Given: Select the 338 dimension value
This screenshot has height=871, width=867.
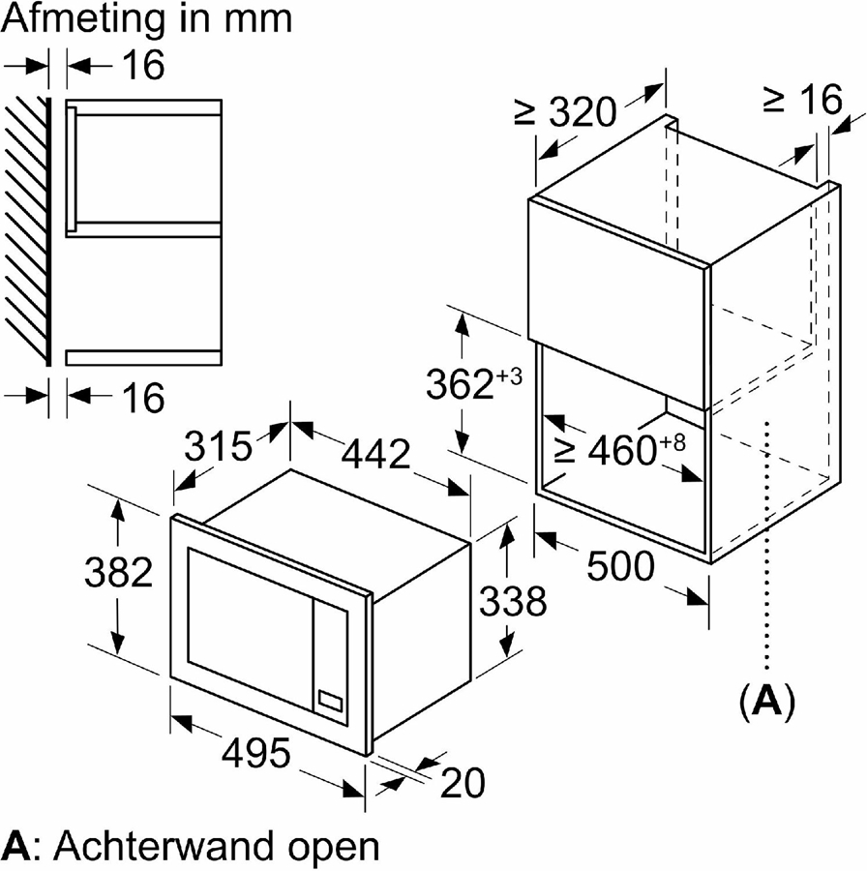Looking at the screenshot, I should (x=512, y=601).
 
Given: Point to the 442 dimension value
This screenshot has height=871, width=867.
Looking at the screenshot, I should (x=375, y=453).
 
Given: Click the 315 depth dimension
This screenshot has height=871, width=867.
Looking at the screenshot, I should (x=218, y=446).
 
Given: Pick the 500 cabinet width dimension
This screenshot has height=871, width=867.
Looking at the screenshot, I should (x=620, y=566).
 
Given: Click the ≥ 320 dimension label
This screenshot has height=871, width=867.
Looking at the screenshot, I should (x=565, y=112).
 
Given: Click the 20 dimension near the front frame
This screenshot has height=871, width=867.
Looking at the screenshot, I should (x=462, y=783).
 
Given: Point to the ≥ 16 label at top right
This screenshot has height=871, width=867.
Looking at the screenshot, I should (x=802, y=100).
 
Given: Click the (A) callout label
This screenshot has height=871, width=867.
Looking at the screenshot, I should (x=766, y=702).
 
